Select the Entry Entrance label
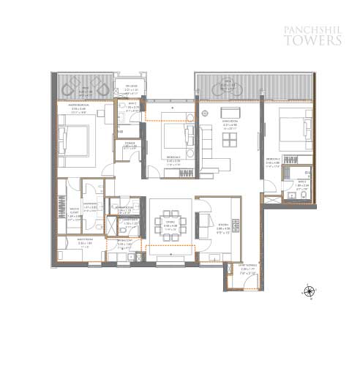pyautogui.click(x=230, y=270)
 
